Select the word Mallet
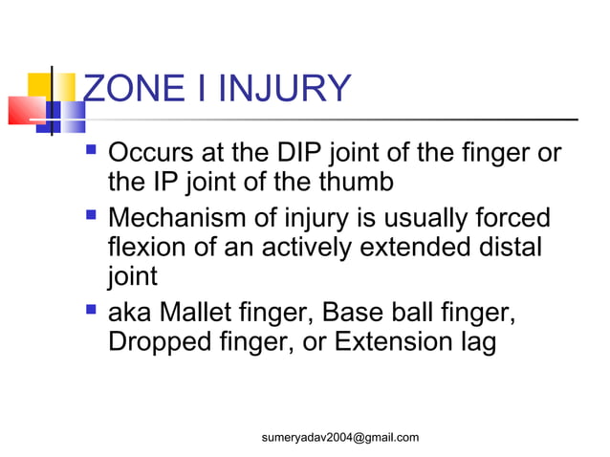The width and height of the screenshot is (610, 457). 201,313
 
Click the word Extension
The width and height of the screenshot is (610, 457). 394,341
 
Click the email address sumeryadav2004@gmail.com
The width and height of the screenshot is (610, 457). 340,437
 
